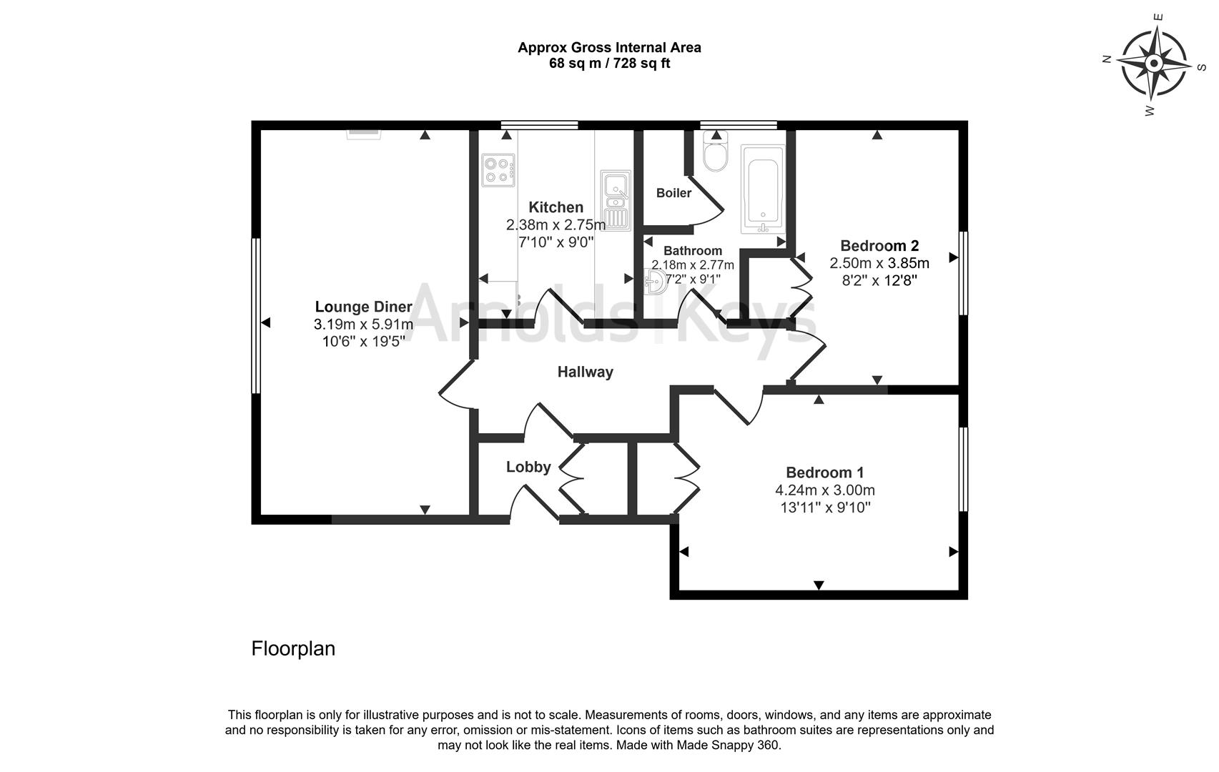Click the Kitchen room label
[556, 207]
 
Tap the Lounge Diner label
[363, 307]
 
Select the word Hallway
[585, 372]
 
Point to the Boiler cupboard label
[673, 193]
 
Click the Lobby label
[528, 467]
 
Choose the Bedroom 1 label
[824, 472]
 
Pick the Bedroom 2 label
[879, 246]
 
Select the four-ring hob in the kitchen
[498, 170]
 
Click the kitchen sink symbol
[615, 199]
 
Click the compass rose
[1153, 64]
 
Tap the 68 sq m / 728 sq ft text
[609, 64]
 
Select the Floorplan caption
[293, 648]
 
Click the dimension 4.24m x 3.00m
[824, 490]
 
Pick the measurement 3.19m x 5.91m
[363, 325]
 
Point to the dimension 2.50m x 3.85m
[879, 263]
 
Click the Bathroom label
[692, 251]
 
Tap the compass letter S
[1201, 66]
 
